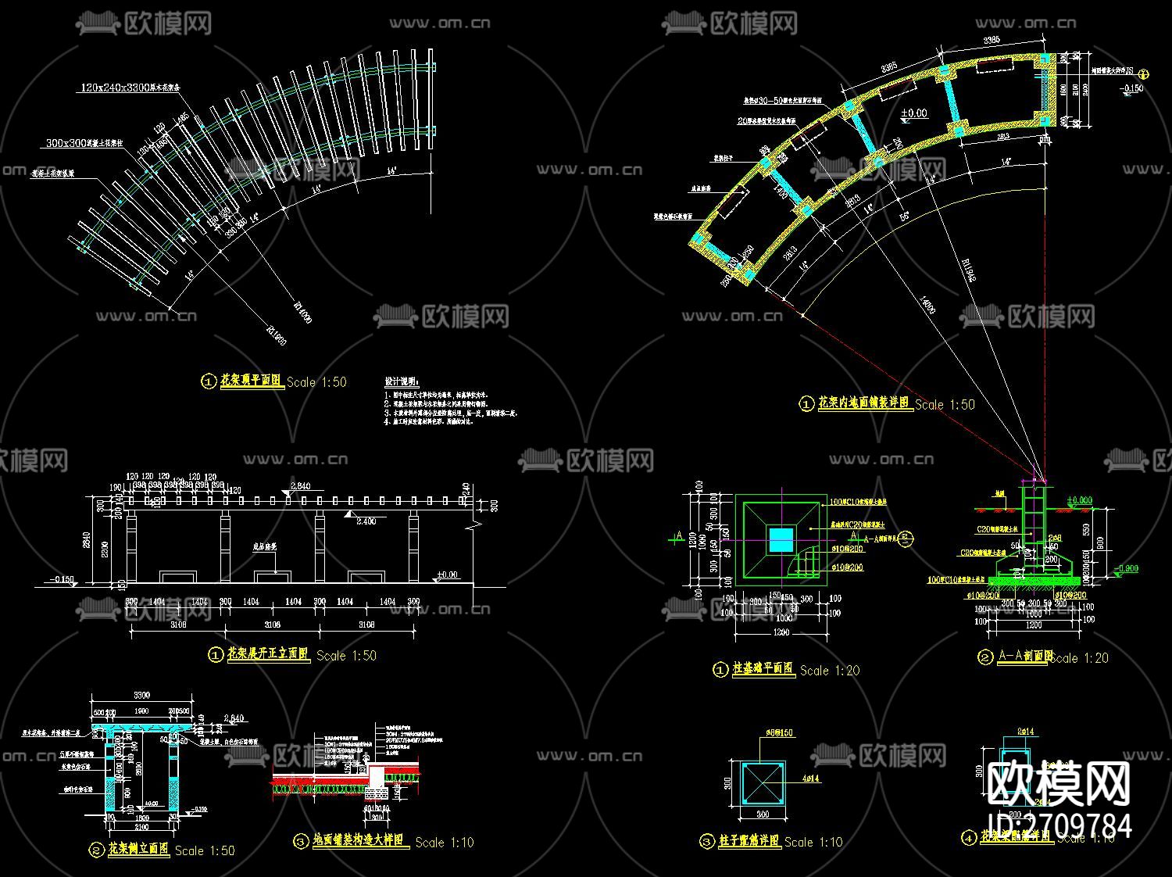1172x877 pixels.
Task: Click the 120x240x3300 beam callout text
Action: coord(130,88)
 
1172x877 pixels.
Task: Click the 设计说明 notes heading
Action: coord(401,381)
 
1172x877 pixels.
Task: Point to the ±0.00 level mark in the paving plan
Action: coord(913,113)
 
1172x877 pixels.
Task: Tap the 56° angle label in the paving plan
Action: coord(904,215)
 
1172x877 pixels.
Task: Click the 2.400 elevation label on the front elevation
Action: coord(366,521)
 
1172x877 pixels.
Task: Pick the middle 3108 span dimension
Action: coord(272,625)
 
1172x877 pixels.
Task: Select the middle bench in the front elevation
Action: coord(272,576)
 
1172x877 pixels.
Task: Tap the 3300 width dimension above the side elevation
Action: coord(141,695)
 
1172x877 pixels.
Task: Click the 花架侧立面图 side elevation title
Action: coord(138,849)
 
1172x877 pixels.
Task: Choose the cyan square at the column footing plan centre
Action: coord(781,539)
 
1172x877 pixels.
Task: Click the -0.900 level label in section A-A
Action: coord(1125,568)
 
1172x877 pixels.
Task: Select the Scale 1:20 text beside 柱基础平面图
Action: coord(829,670)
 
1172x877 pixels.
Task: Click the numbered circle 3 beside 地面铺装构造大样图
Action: coord(301,841)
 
